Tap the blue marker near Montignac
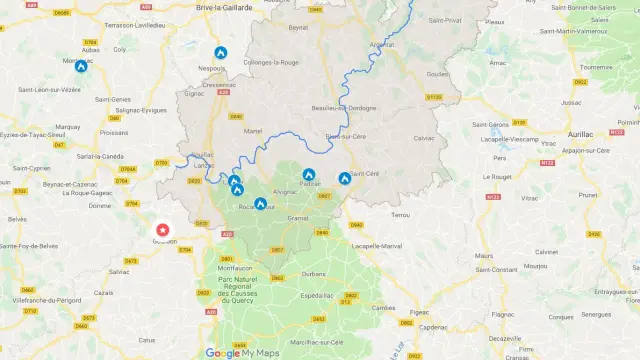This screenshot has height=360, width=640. pyautogui.click(x=81, y=66)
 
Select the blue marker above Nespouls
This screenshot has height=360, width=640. pyautogui.click(x=220, y=52)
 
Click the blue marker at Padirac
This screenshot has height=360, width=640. pyautogui.click(x=309, y=175)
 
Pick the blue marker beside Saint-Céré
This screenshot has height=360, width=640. pyautogui.click(x=344, y=178)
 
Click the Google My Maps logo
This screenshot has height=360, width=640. pyautogui.click(x=243, y=352)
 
